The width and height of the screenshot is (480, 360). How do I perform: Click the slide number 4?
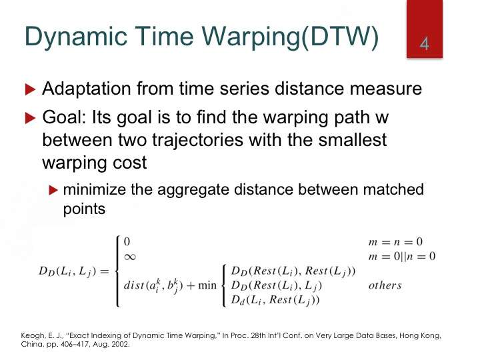tap(424, 44)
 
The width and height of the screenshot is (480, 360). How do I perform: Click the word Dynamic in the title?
tap(75, 37)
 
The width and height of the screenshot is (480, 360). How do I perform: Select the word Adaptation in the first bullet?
tap(87, 89)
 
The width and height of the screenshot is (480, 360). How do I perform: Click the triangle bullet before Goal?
tap(30, 118)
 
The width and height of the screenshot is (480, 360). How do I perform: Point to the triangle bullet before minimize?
tap(53, 190)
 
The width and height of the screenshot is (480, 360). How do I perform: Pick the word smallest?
tap(353, 139)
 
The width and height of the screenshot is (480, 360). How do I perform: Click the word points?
tap(84, 209)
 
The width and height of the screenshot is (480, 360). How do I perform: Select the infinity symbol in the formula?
tap(130, 257)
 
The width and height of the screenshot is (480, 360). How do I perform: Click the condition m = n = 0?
tap(395, 242)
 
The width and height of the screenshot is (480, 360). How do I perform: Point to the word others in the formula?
tap(385, 285)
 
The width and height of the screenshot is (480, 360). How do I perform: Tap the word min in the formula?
tap(207, 285)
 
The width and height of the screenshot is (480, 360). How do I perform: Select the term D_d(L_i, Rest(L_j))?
tap(275, 300)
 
